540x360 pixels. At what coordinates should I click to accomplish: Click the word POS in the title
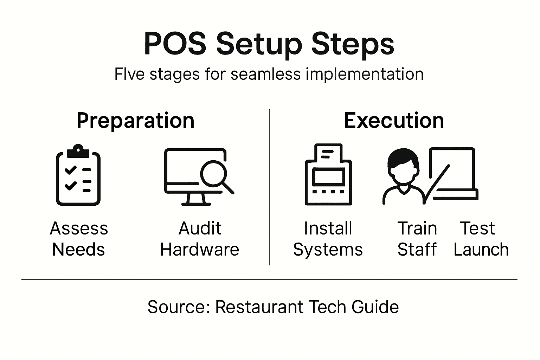click(175, 44)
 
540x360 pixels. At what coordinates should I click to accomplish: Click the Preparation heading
click(135, 121)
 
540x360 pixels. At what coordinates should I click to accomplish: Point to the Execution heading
click(394, 121)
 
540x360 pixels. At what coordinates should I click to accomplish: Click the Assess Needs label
click(79, 239)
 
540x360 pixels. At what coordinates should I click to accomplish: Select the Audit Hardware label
click(200, 239)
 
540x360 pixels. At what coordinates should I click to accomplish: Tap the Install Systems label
click(328, 239)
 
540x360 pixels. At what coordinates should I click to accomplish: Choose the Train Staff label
click(417, 239)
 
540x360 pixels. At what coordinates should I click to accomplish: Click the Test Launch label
click(481, 239)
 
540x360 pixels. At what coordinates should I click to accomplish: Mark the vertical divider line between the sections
click(269, 186)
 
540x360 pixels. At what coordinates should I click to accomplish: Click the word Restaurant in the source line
click(259, 307)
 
